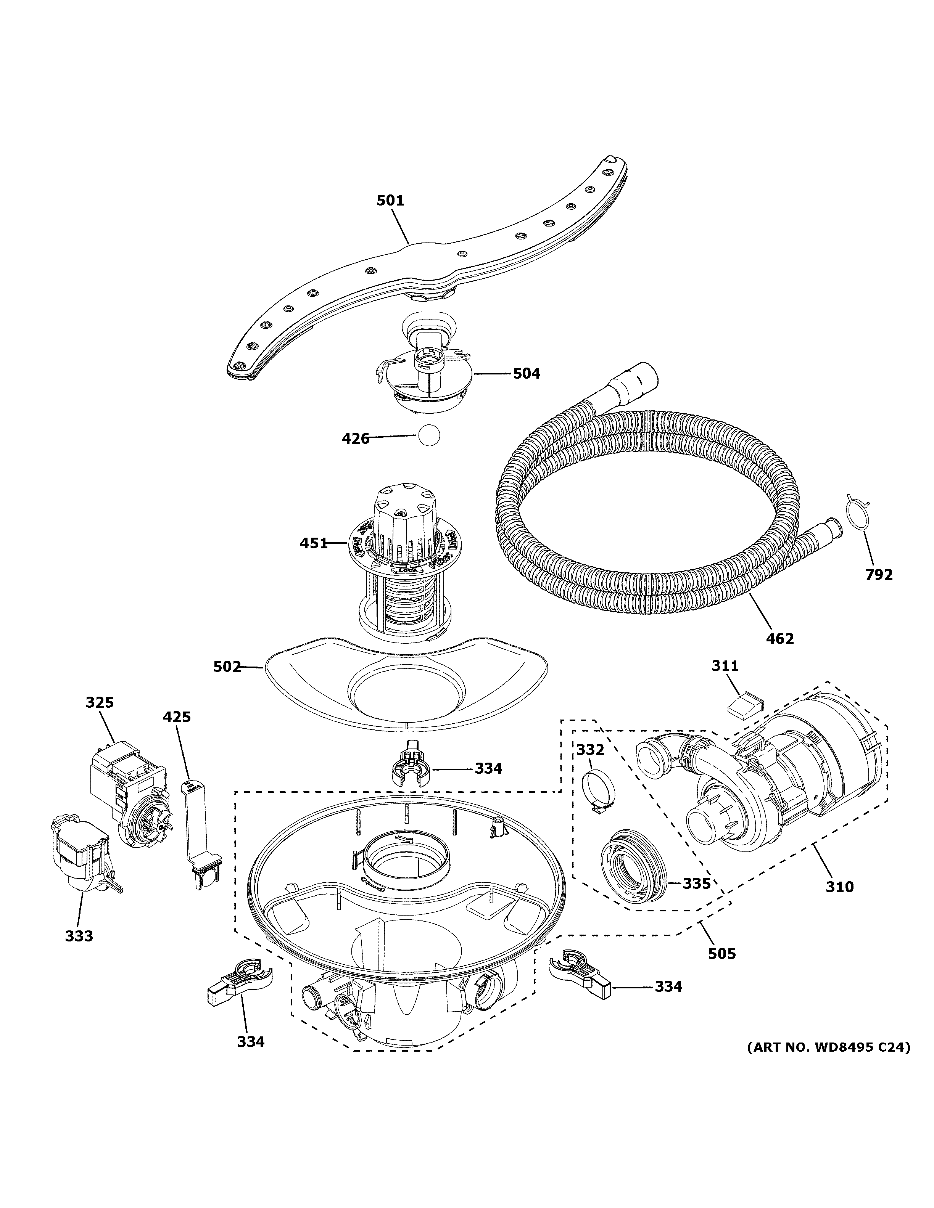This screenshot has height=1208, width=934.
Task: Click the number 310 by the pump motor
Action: click(839, 887)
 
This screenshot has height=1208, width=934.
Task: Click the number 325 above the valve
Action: click(99, 702)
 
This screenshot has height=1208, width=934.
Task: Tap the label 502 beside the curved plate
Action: click(227, 667)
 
